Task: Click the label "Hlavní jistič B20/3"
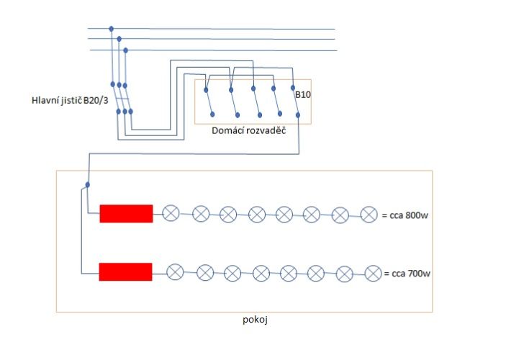point(70,100)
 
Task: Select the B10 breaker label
point(303,94)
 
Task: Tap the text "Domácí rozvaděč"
point(249,131)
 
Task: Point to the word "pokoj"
point(256,320)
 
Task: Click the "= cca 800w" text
point(405,215)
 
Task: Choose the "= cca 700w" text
point(407,274)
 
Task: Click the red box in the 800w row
point(126,214)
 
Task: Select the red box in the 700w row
point(125,272)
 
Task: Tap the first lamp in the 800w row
point(171,213)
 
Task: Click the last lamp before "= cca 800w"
point(369,215)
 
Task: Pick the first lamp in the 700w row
point(175,272)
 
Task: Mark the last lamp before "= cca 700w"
point(374,274)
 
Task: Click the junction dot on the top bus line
point(112,29)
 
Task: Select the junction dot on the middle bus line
point(119,39)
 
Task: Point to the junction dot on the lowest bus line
point(125,50)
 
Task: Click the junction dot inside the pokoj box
point(88,185)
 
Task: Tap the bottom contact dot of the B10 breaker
point(298,115)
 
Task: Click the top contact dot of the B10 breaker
point(293,88)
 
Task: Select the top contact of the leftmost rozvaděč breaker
point(206,90)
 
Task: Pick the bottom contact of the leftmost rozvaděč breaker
point(212,114)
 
